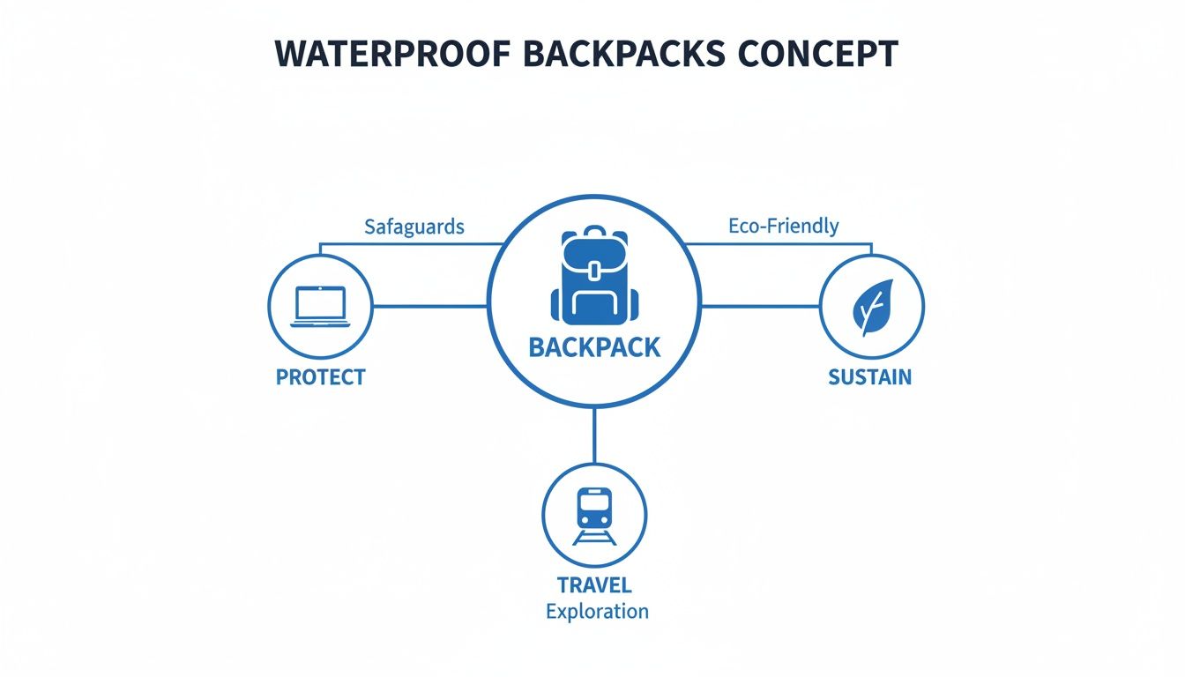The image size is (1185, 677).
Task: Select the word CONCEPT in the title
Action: (818, 55)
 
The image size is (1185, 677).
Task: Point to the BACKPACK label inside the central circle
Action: (594, 347)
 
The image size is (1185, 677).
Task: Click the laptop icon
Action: (321, 307)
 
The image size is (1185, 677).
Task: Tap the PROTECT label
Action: (321, 377)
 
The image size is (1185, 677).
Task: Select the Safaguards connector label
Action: (414, 227)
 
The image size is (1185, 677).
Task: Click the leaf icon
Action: (871, 307)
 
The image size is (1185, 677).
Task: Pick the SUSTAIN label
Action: (870, 377)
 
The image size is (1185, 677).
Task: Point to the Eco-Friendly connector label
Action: (784, 226)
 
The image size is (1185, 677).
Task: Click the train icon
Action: (593, 510)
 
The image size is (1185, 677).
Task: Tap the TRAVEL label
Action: (594, 585)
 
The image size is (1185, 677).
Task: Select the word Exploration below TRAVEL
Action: (597, 611)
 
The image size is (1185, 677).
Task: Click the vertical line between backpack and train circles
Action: (594, 436)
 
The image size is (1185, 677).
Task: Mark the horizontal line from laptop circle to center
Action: (430, 307)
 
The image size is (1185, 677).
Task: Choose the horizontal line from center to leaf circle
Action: (760, 307)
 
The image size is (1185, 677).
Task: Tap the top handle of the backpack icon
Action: (593, 231)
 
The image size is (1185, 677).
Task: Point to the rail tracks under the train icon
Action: (593, 538)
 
